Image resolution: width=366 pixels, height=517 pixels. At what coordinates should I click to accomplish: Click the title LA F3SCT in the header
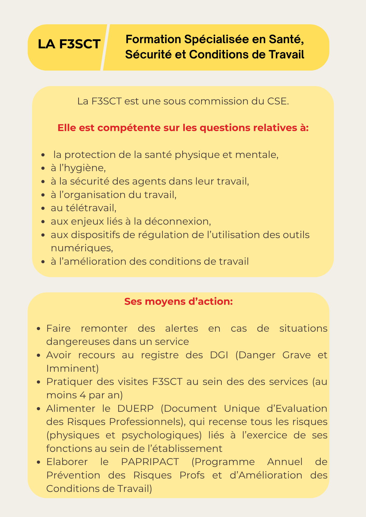point(69,44)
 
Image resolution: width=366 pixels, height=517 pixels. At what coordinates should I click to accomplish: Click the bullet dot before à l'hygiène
point(43,169)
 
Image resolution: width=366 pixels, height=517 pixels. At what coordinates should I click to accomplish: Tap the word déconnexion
point(177,221)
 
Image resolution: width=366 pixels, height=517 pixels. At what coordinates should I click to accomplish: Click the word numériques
point(82,248)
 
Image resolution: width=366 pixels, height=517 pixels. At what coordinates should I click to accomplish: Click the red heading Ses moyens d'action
point(179,301)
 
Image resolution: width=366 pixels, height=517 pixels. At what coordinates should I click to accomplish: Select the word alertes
point(181,328)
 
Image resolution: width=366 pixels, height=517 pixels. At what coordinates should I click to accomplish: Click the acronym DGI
point(219,355)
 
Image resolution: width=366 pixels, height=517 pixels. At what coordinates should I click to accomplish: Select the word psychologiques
point(162,435)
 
